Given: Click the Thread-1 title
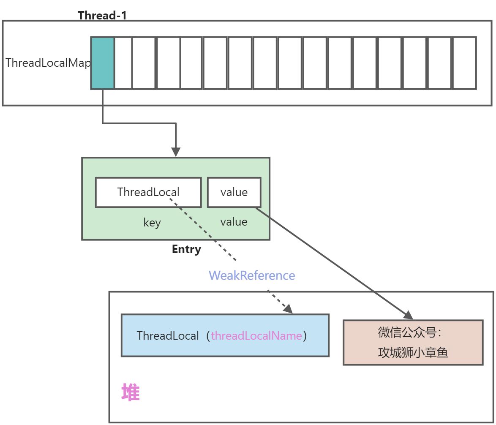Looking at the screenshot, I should [x=102, y=16].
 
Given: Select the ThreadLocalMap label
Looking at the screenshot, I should [x=48, y=63].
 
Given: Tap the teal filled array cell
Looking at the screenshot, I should [x=103, y=63].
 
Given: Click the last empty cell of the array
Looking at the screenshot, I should [x=464, y=63].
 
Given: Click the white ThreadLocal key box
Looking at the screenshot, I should [x=148, y=192].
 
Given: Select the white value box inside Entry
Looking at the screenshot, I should [x=234, y=192].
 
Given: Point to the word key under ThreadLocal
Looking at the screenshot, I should [x=152, y=223].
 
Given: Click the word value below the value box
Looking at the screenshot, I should [x=234, y=222].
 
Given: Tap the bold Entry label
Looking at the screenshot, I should [x=186, y=249].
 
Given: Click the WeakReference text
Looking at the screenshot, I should [x=252, y=275].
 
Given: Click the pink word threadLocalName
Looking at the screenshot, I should [x=256, y=336].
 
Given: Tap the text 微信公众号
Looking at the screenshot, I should [x=409, y=332].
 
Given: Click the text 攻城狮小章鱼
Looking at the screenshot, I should [x=412, y=352].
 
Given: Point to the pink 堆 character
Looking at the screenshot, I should [x=130, y=392].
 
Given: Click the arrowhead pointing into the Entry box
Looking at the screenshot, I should [x=176, y=153].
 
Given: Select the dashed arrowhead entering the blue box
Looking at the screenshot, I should [x=288, y=309].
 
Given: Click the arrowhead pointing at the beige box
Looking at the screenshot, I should [x=408, y=315].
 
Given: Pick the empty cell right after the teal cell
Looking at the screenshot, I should [x=123, y=63].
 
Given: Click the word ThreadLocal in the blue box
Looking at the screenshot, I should [x=168, y=336].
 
